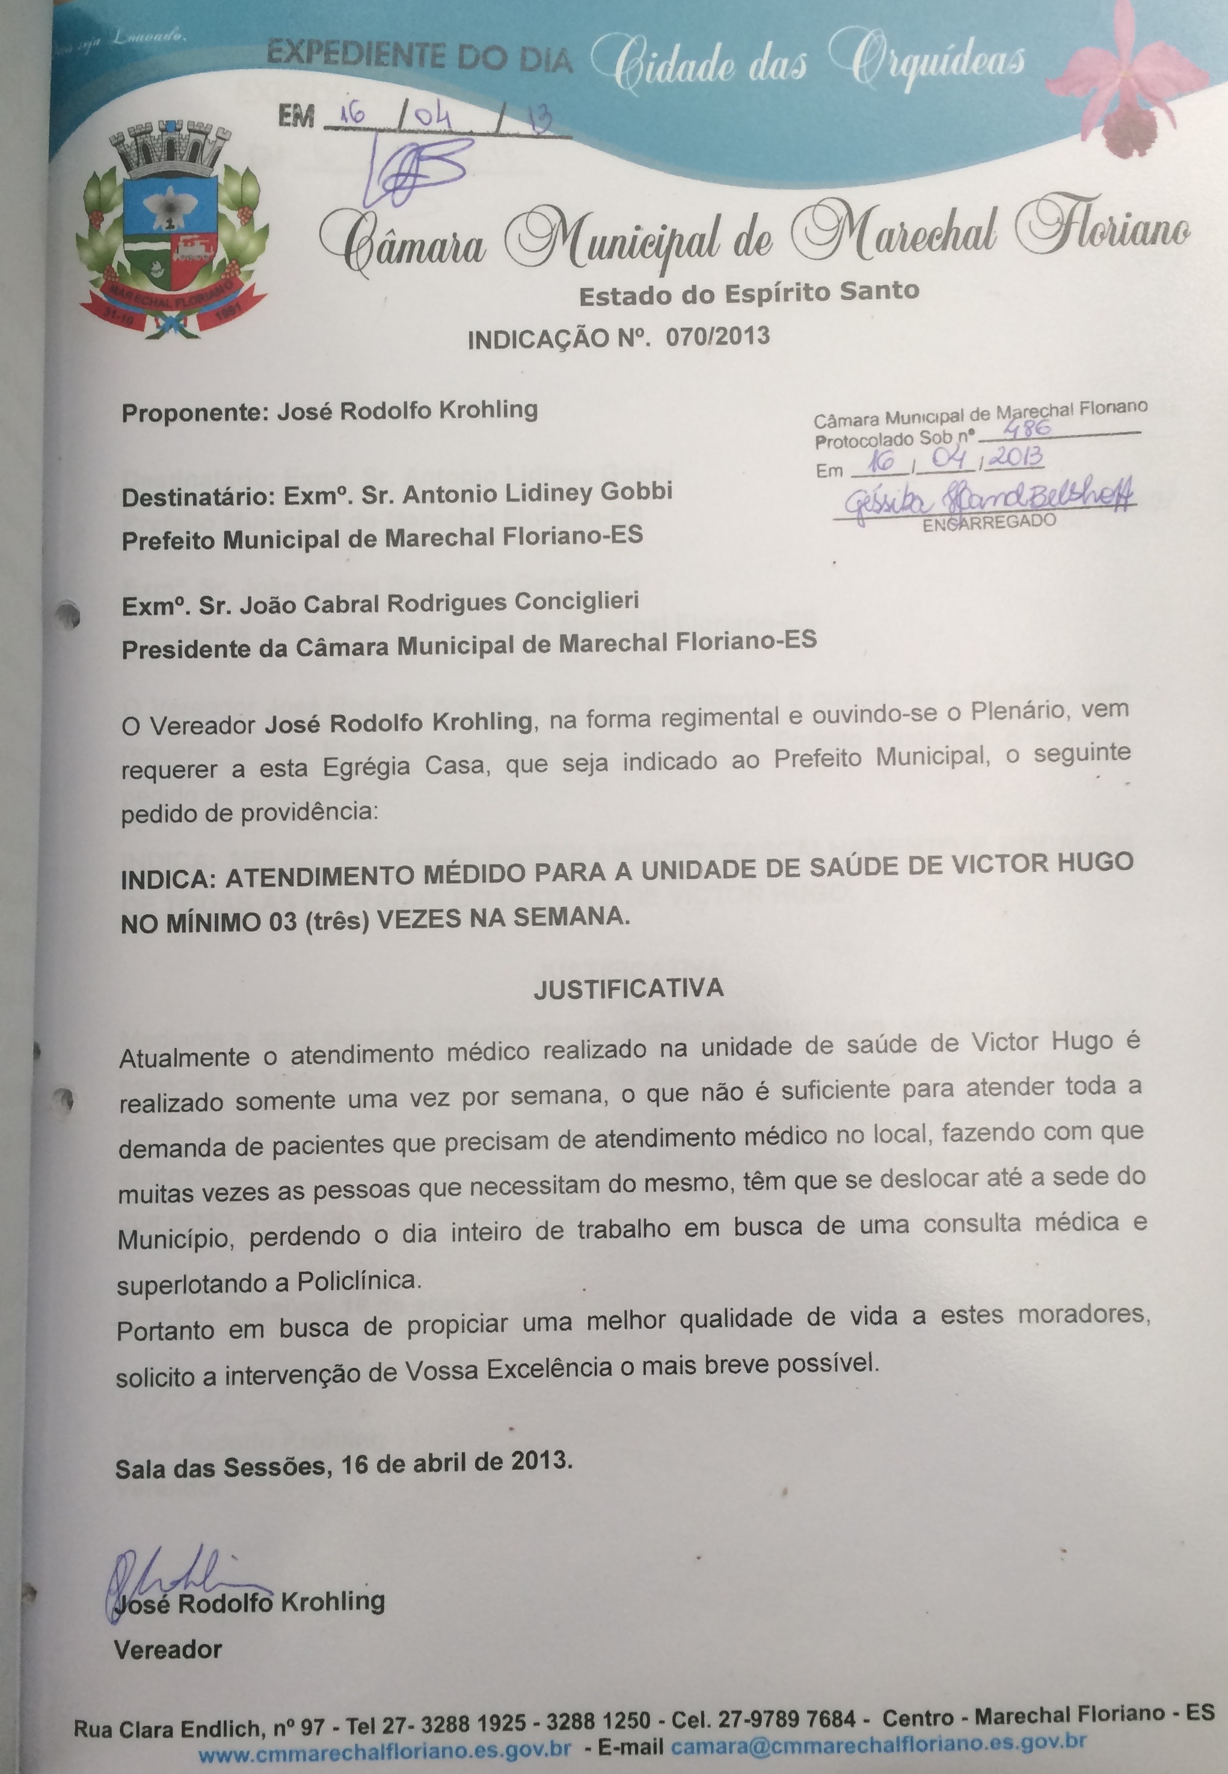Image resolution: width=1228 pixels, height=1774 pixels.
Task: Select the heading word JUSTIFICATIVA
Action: click(628, 988)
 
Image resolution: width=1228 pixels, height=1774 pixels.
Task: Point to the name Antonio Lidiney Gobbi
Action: click(537, 493)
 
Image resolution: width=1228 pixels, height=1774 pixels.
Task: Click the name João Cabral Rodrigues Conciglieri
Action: click(438, 603)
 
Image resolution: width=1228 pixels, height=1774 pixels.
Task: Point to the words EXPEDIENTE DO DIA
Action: click(419, 58)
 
